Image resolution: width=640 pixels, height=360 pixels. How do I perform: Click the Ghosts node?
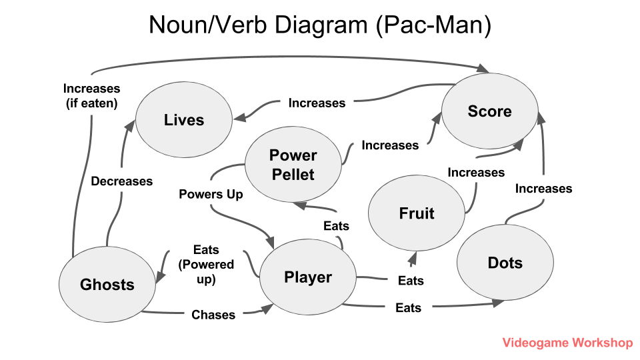[x=107, y=285]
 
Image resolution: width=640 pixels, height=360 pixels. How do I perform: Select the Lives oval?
[x=184, y=120]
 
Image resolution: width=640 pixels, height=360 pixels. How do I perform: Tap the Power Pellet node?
[x=293, y=165]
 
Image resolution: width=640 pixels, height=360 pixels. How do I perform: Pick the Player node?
[x=308, y=277]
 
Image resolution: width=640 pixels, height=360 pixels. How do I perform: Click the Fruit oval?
[x=417, y=213]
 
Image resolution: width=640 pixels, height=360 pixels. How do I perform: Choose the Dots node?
[x=505, y=263]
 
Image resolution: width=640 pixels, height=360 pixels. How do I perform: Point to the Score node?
[x=489, y=111]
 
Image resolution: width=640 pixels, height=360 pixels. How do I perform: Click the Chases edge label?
[x=213, y=315]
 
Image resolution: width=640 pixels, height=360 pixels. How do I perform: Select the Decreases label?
[x=122, y=181]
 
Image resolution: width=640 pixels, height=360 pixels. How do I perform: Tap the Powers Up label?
[x=211, y=194]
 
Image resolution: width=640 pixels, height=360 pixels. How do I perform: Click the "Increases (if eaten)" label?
[x=91, y=95]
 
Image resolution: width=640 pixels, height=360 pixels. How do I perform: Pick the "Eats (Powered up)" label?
[x=206, y=264]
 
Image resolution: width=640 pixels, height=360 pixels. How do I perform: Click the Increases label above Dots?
[x=543, y=189]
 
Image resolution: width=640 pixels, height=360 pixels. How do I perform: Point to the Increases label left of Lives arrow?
[x=317, y=103]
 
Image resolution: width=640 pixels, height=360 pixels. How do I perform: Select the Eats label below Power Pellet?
[x=336, y=226]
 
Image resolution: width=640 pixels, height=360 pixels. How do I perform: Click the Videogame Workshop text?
[x=567, y=343]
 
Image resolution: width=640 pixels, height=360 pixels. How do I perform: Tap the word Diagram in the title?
[x=318, y=25]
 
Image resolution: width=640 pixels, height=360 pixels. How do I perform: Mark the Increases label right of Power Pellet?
[x=390, y=145]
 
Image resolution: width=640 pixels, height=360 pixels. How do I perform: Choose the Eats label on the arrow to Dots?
[x=408, y=307]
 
